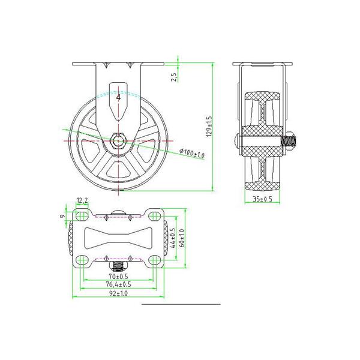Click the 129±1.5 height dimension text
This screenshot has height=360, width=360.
[209, 126]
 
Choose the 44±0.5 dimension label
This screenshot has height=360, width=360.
[173, 238]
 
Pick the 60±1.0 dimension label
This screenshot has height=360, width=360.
[182, 238]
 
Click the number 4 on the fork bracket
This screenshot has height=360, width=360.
[119, 97]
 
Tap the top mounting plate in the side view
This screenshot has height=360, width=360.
[262, 64]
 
